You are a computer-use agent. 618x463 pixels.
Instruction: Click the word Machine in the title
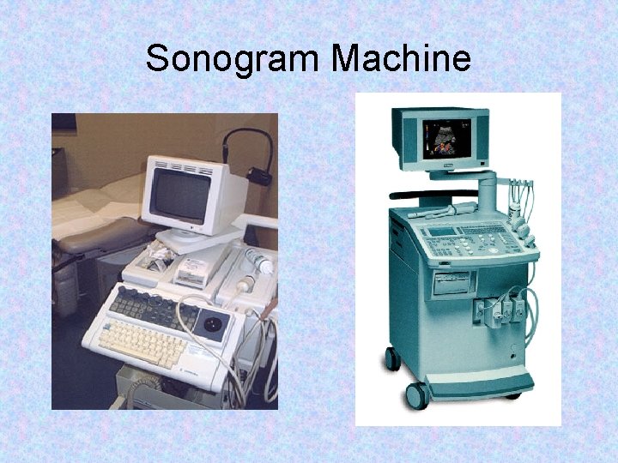[x=402, y=59]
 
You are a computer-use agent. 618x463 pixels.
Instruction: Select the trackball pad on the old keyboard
[x=214, y=322]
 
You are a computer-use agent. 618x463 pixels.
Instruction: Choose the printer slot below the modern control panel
[x=451, y=284]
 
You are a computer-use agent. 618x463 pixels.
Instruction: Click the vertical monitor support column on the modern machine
[x=487, y=193]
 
